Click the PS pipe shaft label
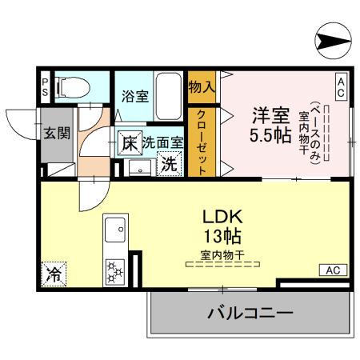45,86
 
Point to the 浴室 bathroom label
134,96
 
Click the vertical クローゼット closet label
202,141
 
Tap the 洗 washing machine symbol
169,165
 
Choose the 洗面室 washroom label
163,144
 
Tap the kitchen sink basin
113,234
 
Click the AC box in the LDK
332,270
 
